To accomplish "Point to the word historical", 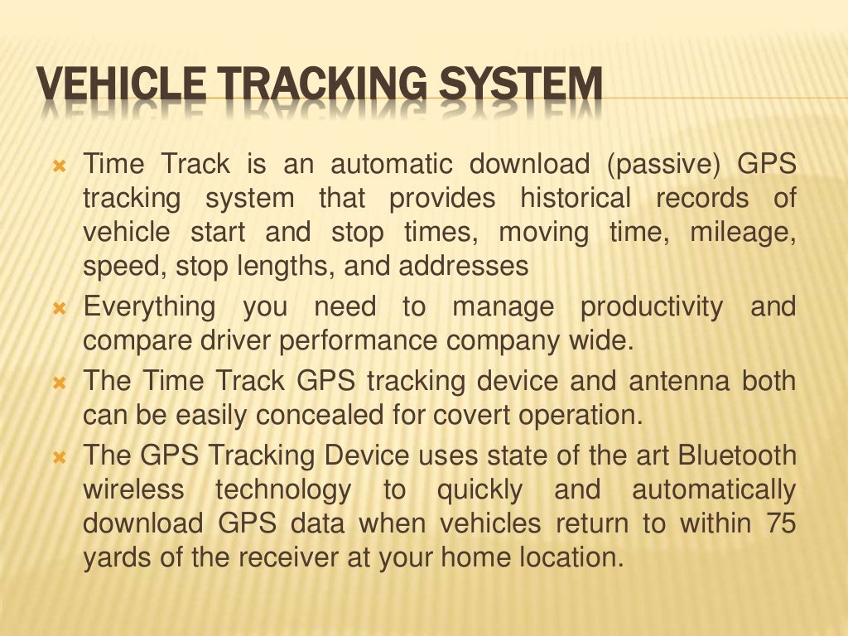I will (x=575, y=199).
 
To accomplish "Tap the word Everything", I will (x=149, y=307).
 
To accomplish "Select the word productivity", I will (x=651, y=307).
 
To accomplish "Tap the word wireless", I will (x=133, y=490).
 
